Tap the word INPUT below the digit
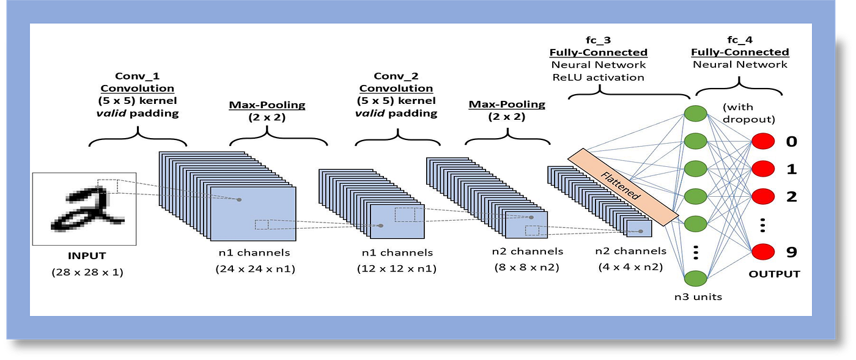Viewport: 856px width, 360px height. (x=87, y=255)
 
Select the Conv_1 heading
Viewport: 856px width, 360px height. (x=138, y=77)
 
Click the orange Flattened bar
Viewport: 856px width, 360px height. (x=623, y=185)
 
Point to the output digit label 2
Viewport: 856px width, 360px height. (x=792, y=196)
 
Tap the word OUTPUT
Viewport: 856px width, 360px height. (x=774, y=274)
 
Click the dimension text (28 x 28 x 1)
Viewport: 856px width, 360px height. (x=87, y=272)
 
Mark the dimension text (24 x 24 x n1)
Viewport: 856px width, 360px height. (x=255, y=269)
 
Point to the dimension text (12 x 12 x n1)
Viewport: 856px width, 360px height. (x=397, y=269)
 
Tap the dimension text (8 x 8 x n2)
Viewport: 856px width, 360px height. (x=527, y=267)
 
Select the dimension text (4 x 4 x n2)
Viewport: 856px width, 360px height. (x=631, y=267)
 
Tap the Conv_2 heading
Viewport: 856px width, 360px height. (x=396, y=76)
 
